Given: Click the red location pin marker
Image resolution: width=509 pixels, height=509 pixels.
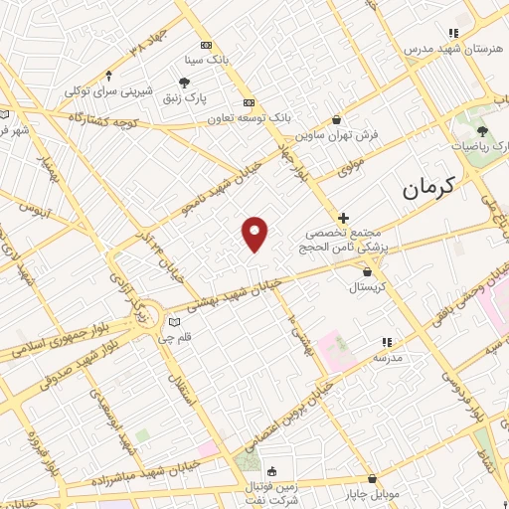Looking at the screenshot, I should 255,234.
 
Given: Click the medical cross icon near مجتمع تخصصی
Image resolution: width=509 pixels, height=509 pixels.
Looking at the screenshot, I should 343,217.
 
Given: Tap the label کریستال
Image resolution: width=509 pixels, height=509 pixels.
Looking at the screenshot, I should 370,285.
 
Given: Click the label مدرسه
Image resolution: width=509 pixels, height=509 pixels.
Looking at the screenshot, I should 388,356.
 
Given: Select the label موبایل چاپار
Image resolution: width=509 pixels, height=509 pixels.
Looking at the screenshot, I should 373,494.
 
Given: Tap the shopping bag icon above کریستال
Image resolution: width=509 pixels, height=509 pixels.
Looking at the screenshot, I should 370,269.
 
